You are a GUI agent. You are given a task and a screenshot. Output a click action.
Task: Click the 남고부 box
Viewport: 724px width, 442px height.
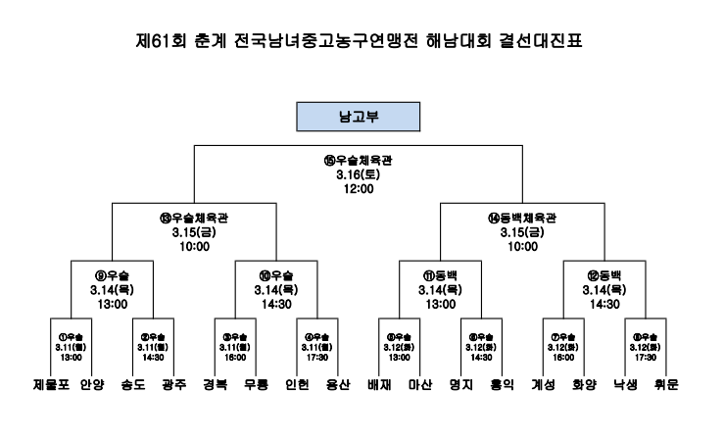click(361, 117)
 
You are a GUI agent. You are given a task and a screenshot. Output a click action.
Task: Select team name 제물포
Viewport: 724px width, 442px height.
click(51, 385)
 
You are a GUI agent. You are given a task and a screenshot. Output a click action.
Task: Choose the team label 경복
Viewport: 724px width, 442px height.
click(216, 385)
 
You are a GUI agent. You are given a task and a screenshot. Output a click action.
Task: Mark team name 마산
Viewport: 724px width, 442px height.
click(422, 385)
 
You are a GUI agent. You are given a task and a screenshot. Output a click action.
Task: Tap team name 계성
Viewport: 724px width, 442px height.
click(544, 385)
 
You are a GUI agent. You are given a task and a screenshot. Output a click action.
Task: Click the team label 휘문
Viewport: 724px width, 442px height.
click(670, 385)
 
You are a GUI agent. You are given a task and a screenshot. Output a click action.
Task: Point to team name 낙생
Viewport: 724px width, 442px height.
click(626, 385)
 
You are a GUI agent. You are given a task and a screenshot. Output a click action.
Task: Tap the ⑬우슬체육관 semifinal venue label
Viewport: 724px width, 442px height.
click(196, 219)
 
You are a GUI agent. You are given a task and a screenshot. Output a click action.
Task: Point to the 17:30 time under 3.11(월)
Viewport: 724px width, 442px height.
click(318, 357)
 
